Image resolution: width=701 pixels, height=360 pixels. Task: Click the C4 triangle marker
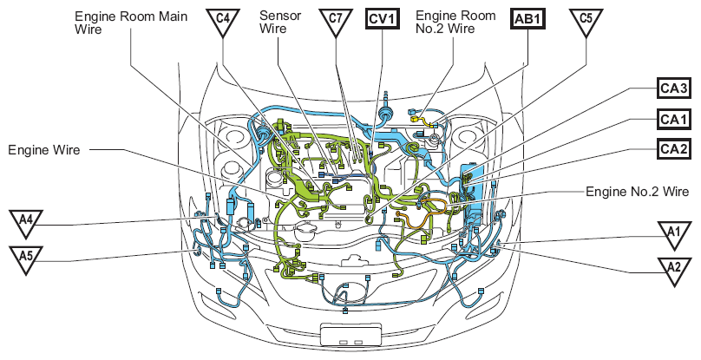pyautogui.click(x=223, y=21)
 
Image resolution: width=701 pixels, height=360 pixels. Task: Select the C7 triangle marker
pyautogui.click(x=336, y=21)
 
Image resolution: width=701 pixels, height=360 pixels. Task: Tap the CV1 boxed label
pyautogui.click(x=383, y=19)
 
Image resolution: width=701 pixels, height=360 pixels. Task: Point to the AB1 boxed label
pyautogui.click(x=528, y=19)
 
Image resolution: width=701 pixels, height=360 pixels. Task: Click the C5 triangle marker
pyautogui.click(x=586, y=21)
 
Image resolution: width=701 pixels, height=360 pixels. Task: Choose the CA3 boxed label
pyautogui.click(x=674, y=88)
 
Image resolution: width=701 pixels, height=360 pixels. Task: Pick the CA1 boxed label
pyautogui.click(x=674, y=120)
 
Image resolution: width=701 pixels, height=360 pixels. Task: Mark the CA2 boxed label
pyautogui.click(x=674, y=149)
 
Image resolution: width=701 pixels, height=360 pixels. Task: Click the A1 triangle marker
pyautogui.click(x=674, y=234)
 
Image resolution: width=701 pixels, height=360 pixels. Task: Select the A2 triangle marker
pyautogui.click(x=674, y=270)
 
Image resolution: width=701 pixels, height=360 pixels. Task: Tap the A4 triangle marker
pyautogui.click(x=26, y=222)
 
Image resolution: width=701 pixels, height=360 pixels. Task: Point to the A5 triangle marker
pyautogui.click(x=26, y=259)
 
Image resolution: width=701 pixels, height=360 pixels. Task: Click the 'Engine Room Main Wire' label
pyautogui.click(x=131, y=23)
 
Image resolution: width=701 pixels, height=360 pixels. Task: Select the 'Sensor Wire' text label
pyautogui.click(x=280, y=22)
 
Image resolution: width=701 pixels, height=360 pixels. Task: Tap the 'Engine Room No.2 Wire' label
pyautogui.click(x=455, y=22)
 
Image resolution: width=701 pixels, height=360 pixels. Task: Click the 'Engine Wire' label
pyautogui.click(x=43, y=150)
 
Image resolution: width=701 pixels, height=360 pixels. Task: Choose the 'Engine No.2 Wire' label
pyautogui.click(x=638, y=192)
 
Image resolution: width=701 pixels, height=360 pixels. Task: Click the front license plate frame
pyautogui.click(x=351, y=334)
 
